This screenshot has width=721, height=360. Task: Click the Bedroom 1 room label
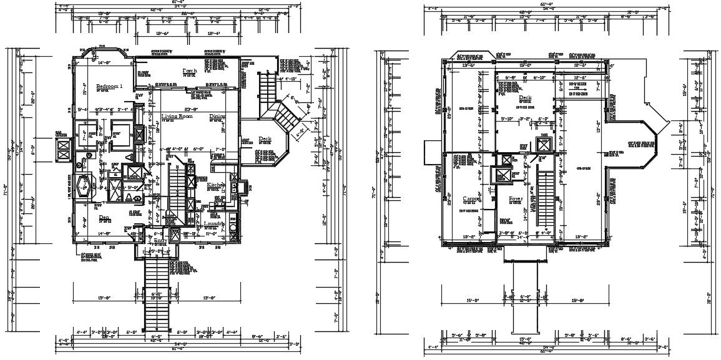tap(109, 85)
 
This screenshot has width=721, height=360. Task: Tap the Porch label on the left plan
tap(190, 71)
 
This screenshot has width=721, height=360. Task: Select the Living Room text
tap(177, 117)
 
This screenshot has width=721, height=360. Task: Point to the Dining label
tap(217, 117)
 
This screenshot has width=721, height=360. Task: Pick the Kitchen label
tap(215, 185)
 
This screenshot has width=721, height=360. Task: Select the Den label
tap(105, 218)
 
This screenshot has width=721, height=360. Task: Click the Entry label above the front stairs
tap(161, 240)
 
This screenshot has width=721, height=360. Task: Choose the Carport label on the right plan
tap(472, 198)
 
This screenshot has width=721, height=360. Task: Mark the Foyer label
tap(516, 198)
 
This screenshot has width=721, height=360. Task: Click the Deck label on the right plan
tap(524, 98)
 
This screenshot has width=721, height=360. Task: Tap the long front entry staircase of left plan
tap(156, 293)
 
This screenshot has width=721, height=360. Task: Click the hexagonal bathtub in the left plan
tap(82, 185)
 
